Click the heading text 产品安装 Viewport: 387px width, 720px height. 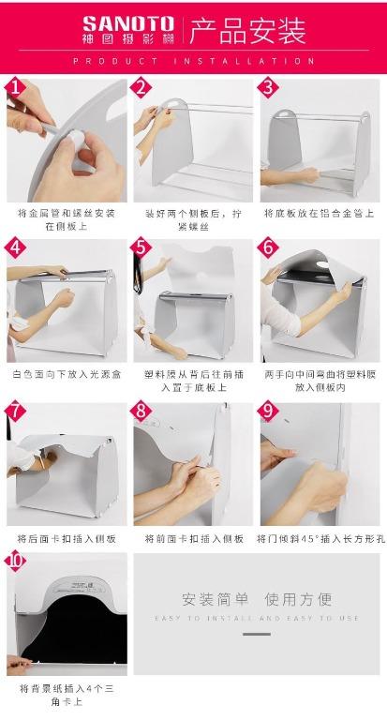coord(247,32)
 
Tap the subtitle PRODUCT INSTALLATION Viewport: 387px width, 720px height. coord(193,61)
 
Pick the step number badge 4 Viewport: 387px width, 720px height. coord(15,248)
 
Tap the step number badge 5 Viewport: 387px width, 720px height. coord(141,248)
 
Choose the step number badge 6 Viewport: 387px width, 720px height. coord(269,248)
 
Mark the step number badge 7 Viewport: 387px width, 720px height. coord(15,412)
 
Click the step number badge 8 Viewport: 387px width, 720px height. coord(141,412)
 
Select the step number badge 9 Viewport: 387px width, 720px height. coord(269,412)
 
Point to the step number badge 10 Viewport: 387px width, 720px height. coord(16,563)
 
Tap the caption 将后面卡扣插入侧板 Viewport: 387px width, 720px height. coord(67,538)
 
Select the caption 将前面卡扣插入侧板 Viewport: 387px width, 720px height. coord(194,538)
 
